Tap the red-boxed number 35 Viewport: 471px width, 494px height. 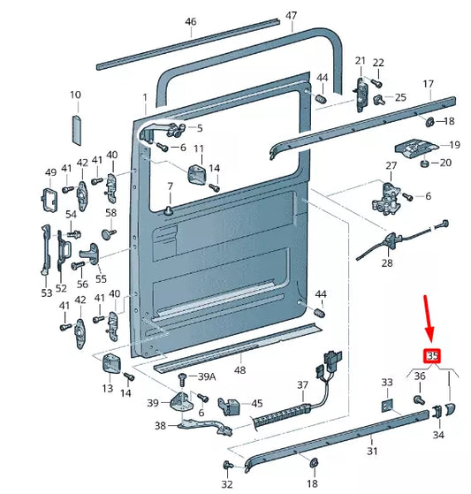(x=432, y=357)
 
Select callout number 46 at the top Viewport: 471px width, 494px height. (x=191, y=22)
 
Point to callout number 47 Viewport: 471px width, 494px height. (x=292, y=15)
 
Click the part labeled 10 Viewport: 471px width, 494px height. (x=75, y=127)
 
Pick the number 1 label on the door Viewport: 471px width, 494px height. (x=145, y=96)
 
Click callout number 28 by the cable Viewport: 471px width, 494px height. (x=386, y=263)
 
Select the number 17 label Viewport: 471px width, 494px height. (x=428, y=84)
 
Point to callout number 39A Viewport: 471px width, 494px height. (x=206, y=377)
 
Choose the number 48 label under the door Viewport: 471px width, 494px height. (x=239, y=371)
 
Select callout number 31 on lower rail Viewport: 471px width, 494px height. (x=372, y=452)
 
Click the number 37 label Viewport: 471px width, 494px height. (x=303, y=384)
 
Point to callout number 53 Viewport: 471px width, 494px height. (x=46, y=293)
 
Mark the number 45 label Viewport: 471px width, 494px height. (x=257, y=404)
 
